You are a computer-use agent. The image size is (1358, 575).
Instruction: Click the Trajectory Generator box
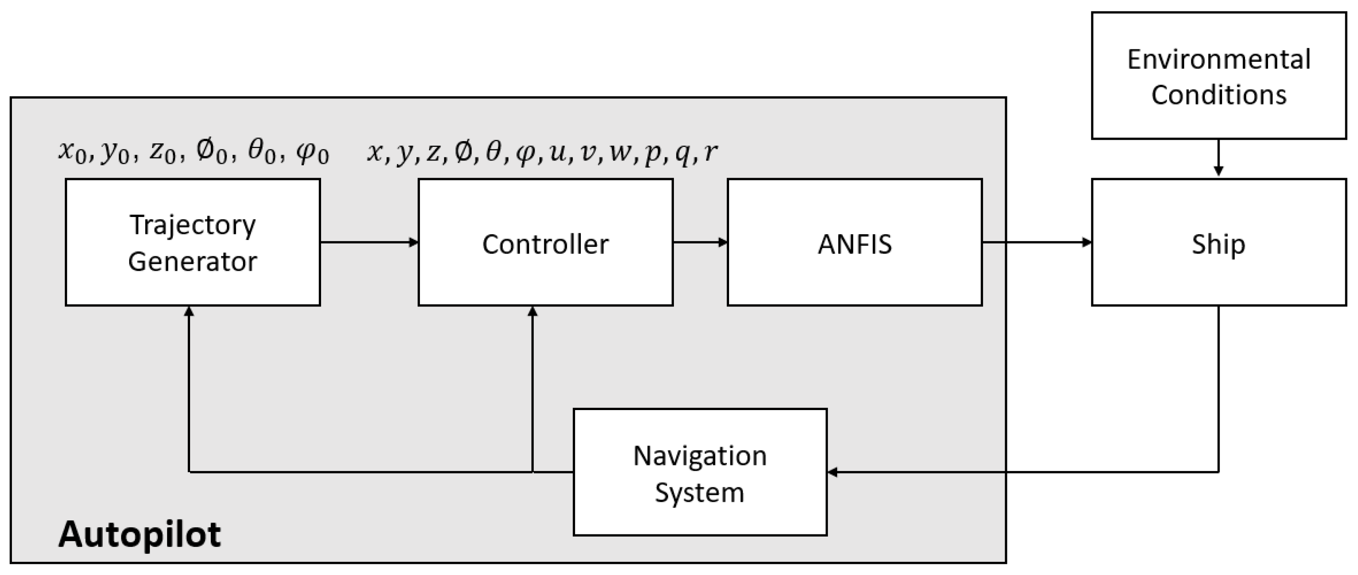click(192, 242)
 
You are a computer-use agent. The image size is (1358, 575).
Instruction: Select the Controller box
click(545, 242)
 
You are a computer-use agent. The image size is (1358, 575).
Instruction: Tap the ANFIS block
click(855, 242)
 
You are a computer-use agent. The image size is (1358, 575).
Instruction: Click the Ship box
click(1218, 242)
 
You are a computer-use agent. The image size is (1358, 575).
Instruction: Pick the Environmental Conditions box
click(1218, 76)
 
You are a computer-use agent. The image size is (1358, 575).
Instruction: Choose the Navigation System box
click(700, 472)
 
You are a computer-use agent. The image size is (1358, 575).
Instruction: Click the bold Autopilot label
click(140, 534)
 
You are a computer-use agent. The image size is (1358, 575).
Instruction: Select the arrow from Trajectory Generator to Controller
click(369, 243)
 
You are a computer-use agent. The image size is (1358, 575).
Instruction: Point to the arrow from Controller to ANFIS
click(700, 243)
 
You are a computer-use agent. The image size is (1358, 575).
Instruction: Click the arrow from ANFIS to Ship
click(1036, 243)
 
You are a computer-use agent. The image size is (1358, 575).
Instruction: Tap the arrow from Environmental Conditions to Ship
click(1218, 158)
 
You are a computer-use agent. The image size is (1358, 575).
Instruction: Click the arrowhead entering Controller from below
click(532, 312)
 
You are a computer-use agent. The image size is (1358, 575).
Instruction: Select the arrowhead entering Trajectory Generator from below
click(189, 312)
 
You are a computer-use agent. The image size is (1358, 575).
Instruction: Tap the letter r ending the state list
click(711, 153)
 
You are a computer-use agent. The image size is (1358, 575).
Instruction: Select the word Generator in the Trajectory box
click(192, 261)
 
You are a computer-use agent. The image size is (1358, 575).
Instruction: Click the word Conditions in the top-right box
click(1218, 95)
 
